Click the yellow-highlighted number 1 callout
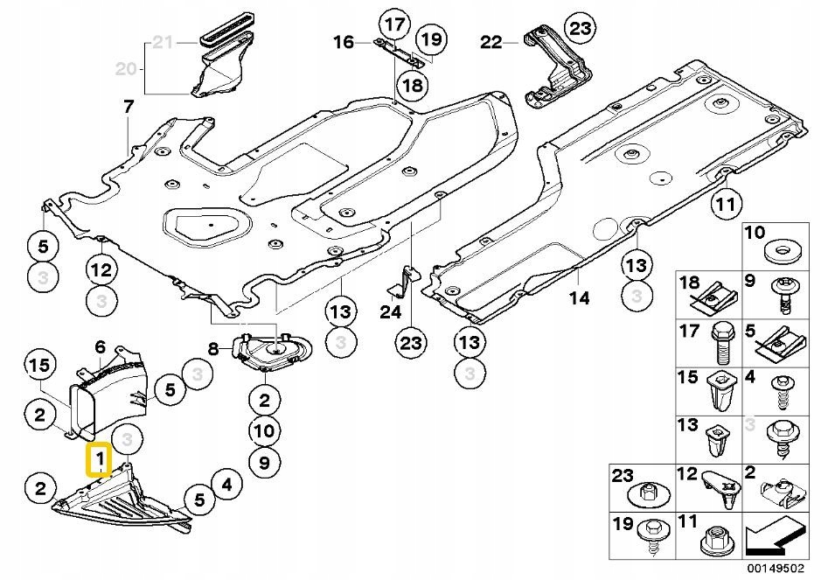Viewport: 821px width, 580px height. pyautogui.click(x=99, y=459)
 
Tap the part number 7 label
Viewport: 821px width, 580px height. pyautogui.click(x=129, y=107)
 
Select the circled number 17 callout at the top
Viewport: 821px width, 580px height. pyautogui.click(x=396, y=24)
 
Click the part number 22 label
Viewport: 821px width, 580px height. pyautogui.click(x=491, y=42)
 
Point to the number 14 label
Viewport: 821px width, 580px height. pyautogui.click(x=580, y=298)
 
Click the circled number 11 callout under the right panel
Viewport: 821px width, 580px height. pyautogui.click(x=726, y=205)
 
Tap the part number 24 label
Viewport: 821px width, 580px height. pyautogui.click(x=391, y=312)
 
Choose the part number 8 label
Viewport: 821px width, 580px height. pyautogui.click(x=212, y=348)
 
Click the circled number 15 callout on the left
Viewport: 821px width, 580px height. pyautogui.click(x=40, y=365)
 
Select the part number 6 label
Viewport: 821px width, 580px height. pyautogui.click(x=100, y=346)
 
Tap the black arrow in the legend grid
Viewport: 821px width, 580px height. pyautogui.click(x=773, y=536)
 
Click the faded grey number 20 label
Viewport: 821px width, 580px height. pyautogui.click(x=126, y=68)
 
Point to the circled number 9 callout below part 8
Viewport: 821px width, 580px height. pyautogui.click(x=264, y=462)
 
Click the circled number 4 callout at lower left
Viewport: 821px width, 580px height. pyautogui.click(x=226, y=485)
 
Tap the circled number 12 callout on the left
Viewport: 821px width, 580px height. pyautogui.click(x=101, y=270)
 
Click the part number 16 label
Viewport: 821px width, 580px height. pyautogui.click(x=344, y=42)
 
